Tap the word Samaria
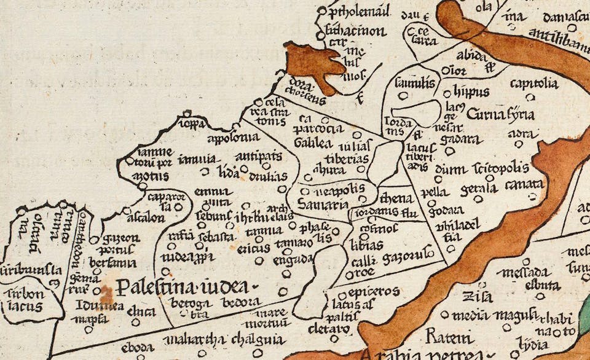322,203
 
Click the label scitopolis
502,168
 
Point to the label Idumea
100,305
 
